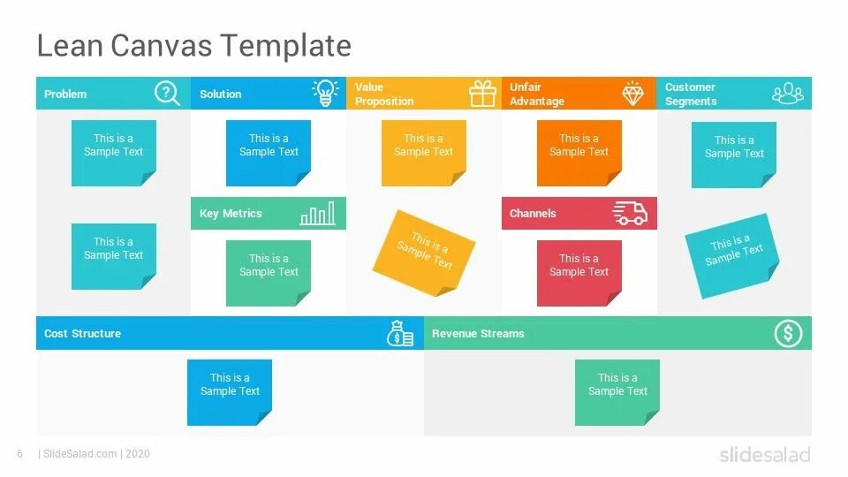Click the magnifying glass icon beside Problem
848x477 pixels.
[x=167, y=93]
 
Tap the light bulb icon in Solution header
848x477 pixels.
[x=326, y=93]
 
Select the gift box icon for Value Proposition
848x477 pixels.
[x=482, y=94]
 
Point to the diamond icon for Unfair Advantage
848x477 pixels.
[x=632, y=94]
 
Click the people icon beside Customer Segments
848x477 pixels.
[x=788, y=93]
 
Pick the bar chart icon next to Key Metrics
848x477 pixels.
[x=318, y=214]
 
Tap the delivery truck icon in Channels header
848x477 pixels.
[x=631, y=213]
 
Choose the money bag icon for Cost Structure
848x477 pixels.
[x=400, y=334]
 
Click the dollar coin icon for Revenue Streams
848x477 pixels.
[x=788, y=333]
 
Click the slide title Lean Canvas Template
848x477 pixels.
[x=193, y=45]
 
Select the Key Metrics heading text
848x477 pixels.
[x=231, y=214]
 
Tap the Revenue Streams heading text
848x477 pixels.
[x=478, y=334]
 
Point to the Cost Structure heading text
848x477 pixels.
[x=82, y=334]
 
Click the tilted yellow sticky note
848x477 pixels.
[x=424, y=254]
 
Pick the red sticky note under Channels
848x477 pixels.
[x=579, y=272]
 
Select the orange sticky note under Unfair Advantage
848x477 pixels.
[x=579, y=152]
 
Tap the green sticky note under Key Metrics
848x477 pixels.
[x=269, y=272]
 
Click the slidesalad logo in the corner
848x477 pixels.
[x=764, y=455]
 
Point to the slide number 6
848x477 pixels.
[x=19, y=454]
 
